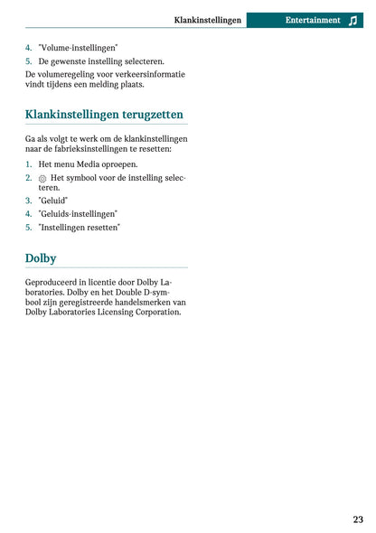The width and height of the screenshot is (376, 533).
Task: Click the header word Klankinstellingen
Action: [x=208, y=20]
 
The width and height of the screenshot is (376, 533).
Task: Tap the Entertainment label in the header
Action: [x=313, y=20]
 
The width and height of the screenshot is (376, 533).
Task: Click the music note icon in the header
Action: [x=352, y=20]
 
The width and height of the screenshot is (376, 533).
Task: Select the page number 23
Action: [x=358, y=519]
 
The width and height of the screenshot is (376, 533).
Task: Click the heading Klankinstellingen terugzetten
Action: [x=104, y=115]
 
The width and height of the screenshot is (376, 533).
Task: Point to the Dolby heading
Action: [x=41, y=257]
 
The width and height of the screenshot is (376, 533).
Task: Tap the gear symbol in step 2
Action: [x=42, y=178]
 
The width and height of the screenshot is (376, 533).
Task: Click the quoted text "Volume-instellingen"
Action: [x=78, y=47]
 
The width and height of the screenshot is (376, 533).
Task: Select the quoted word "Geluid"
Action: [x=53, y=201]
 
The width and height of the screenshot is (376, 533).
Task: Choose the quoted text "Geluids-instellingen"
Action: [x=78, y=214]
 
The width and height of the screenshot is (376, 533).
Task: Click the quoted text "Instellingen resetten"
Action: [x=80, y=228]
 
